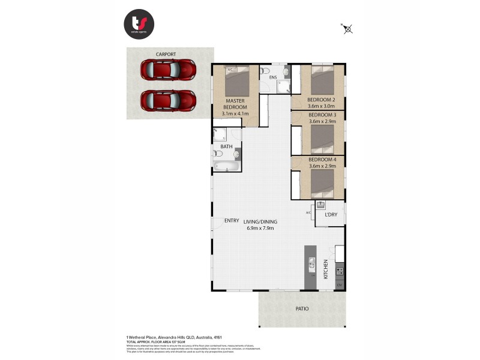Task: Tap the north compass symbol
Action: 347,28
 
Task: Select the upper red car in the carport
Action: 169,70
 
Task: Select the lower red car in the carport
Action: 169,100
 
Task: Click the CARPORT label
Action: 166,55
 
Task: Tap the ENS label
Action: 272,77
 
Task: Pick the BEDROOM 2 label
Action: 322,99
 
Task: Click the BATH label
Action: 226,146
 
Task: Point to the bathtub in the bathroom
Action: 226,166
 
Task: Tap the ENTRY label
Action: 232,220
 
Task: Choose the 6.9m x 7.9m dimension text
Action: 260,228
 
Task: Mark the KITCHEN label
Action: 326,268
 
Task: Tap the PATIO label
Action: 302,308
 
